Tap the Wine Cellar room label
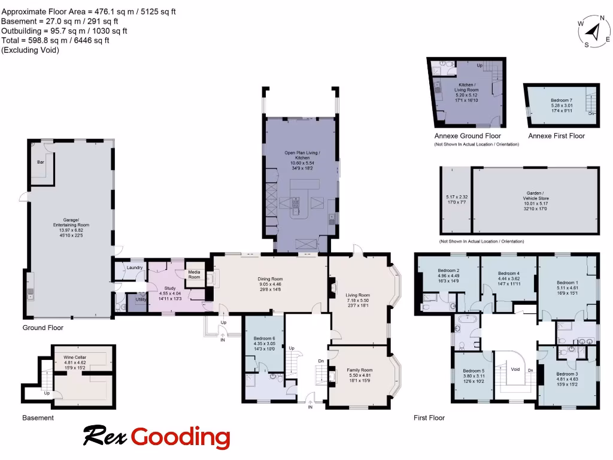click(75, 357)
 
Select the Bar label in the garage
click(41, 162)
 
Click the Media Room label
click(195, 275)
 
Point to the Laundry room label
click(135, 267)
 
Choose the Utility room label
click(141, 299)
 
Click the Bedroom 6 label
click(265, 339)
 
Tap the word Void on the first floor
click(515, 370)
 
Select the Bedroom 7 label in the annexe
click(562, 101)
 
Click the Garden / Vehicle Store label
click(535, 195)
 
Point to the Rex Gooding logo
click(156, 437)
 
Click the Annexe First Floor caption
click(556, 136)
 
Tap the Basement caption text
click(38, 417)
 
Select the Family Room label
click(360, 370)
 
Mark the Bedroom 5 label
click(474, 371)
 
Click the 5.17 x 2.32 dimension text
click(456, 197)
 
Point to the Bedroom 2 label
click(449, 270)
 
